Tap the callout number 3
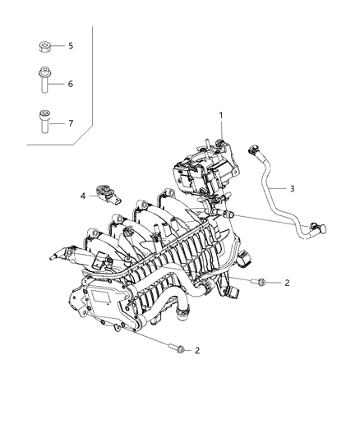tap(293, 188)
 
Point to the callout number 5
tap(71, 45)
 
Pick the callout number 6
tap(71, 84)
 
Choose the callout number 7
tap(71, 123)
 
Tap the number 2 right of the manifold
tap(287, 284)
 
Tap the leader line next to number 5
tap(60, 46)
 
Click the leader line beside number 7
tap(60, 123)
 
